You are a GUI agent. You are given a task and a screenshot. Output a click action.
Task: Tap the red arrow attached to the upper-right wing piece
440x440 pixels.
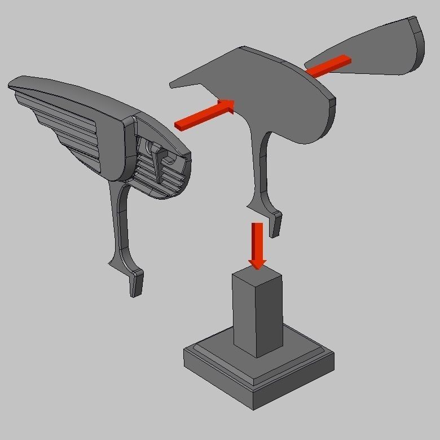tap(329, 66)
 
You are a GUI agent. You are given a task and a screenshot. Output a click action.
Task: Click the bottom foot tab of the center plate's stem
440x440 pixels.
tap(276, 224)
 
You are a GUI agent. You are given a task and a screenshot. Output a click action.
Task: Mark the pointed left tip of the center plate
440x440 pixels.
tap(172, 85)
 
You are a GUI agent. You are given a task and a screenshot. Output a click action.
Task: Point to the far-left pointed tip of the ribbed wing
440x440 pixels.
tap(11, 85)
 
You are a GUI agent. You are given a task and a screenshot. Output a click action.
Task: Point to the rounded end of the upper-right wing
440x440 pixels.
tap(417, 42)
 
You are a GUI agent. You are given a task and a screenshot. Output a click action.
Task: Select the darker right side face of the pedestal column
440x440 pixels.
tap(270, 316)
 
